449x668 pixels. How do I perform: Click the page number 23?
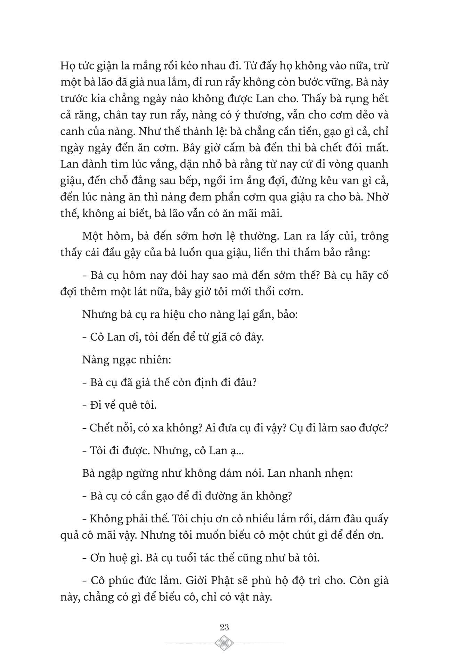pyautogui.click(x=224, y=627)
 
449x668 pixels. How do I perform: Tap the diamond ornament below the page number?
pyautogui.click(x=224, y=643)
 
